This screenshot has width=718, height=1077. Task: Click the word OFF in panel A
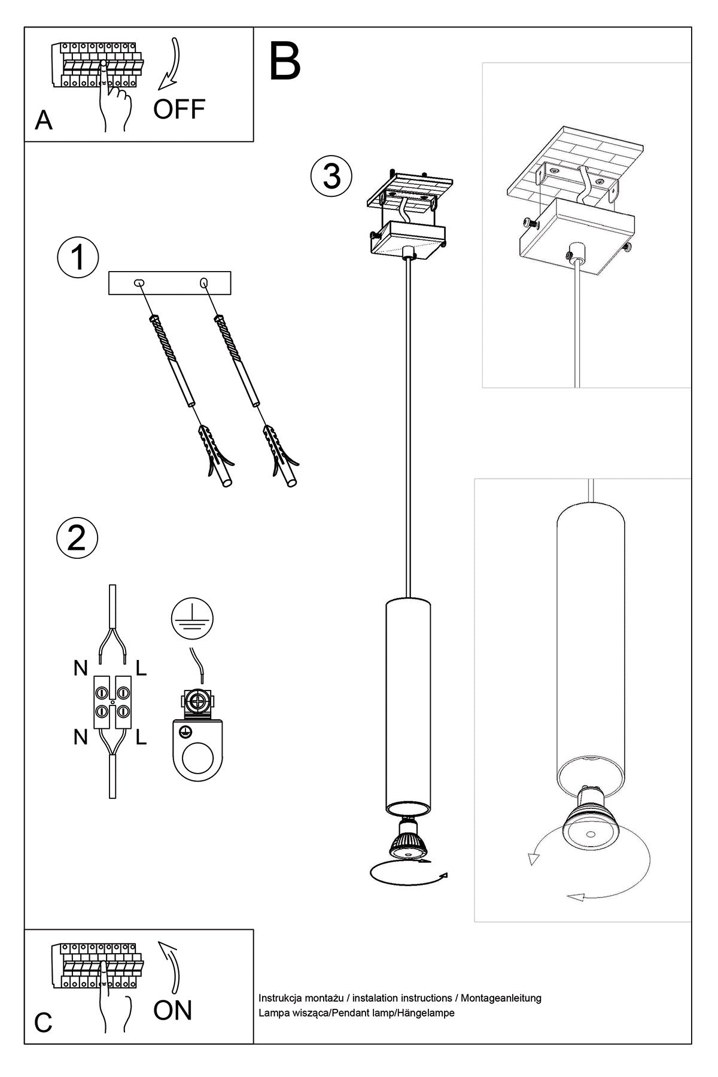179,109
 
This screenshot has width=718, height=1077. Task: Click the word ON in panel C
172,1010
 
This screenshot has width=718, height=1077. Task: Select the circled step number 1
77,257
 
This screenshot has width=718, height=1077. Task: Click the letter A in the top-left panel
44,121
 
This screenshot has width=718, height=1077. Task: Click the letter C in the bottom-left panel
43,1023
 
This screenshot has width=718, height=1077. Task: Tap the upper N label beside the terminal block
81,668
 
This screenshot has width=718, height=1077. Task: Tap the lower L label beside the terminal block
141,738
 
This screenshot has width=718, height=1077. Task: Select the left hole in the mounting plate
139,282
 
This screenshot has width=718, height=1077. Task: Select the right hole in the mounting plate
204,282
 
